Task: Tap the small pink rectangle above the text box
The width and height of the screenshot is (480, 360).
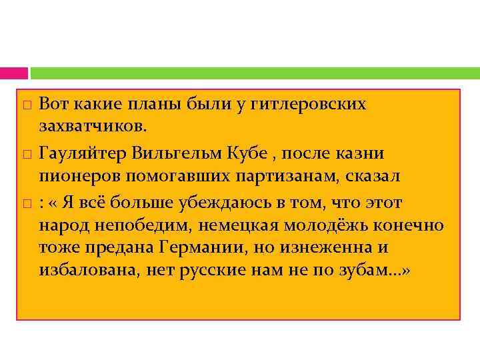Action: pos(13,73)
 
